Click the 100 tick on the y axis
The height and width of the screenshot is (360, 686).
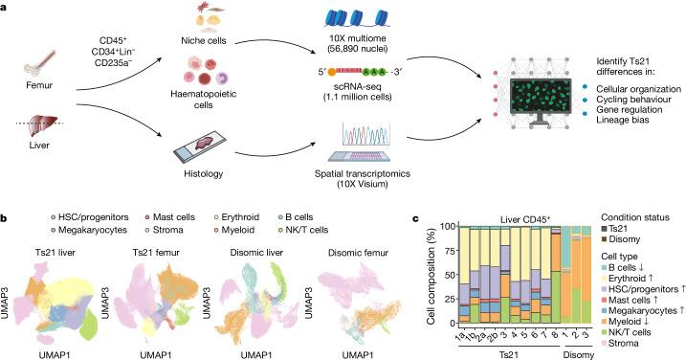(x=446, y=227)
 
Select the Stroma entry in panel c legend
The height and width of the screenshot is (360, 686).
(x=626, y=336)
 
